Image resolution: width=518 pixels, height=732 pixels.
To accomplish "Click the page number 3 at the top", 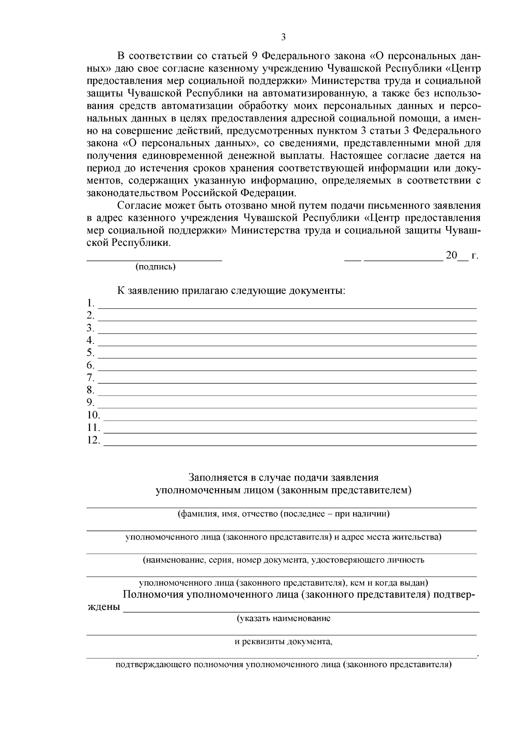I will click(x=283, y=38).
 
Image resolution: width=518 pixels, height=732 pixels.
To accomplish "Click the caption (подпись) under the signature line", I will click(x=155, y=267).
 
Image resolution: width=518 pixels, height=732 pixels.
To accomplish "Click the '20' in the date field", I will click(x=452, y=255).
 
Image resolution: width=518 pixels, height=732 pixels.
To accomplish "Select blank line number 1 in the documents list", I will click(x=287, y=307).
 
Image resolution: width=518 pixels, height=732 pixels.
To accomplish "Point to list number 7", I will click(x=90, y=378).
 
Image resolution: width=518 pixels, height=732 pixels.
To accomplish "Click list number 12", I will click(x=93, y=440).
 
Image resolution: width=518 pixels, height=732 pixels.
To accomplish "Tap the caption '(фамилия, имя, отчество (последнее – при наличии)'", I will click(x=284, y=514).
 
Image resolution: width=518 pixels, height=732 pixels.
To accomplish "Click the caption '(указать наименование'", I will click(x=284, y=619).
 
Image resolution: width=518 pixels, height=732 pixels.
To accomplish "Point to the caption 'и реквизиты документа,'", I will click(x=284, y=642).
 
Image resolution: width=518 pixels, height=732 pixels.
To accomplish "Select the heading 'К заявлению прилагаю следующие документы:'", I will click(x=231, y=291).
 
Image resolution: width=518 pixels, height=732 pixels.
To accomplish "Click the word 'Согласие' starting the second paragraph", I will click(x=139, y=205).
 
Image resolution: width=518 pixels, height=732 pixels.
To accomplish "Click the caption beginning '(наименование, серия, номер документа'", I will click(x=284, y=560).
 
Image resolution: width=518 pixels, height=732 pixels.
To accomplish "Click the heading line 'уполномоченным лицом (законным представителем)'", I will click(x=284, y=490).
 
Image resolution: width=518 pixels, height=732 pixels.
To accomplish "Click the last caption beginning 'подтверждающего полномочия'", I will click(x=284, y=665).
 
